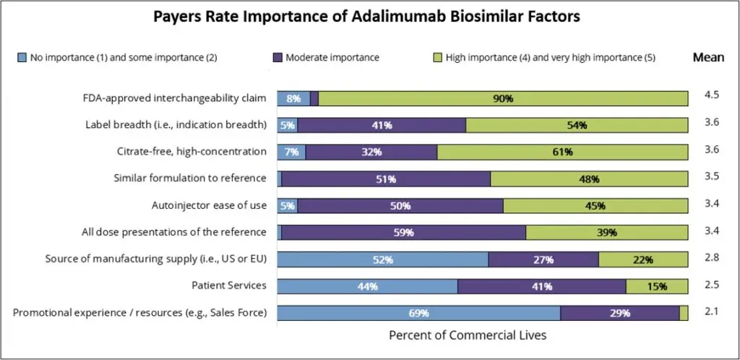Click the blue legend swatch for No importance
tap(22, 57)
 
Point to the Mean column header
tap(707, 57)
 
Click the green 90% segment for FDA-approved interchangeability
tap(503, 98)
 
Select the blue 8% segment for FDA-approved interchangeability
tap(293, 98)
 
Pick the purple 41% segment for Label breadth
tap(382, 125)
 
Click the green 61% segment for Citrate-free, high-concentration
tap(562, 152)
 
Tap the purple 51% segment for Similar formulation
tap(386, 179)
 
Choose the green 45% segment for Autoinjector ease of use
tap(595, 205)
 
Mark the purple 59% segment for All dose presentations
tap(403, 232)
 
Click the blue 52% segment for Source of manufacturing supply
tap(383, 259)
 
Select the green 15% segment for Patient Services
tap(657, 286)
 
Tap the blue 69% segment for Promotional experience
tap(418, 313)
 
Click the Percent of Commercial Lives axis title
tap(468, 335)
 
